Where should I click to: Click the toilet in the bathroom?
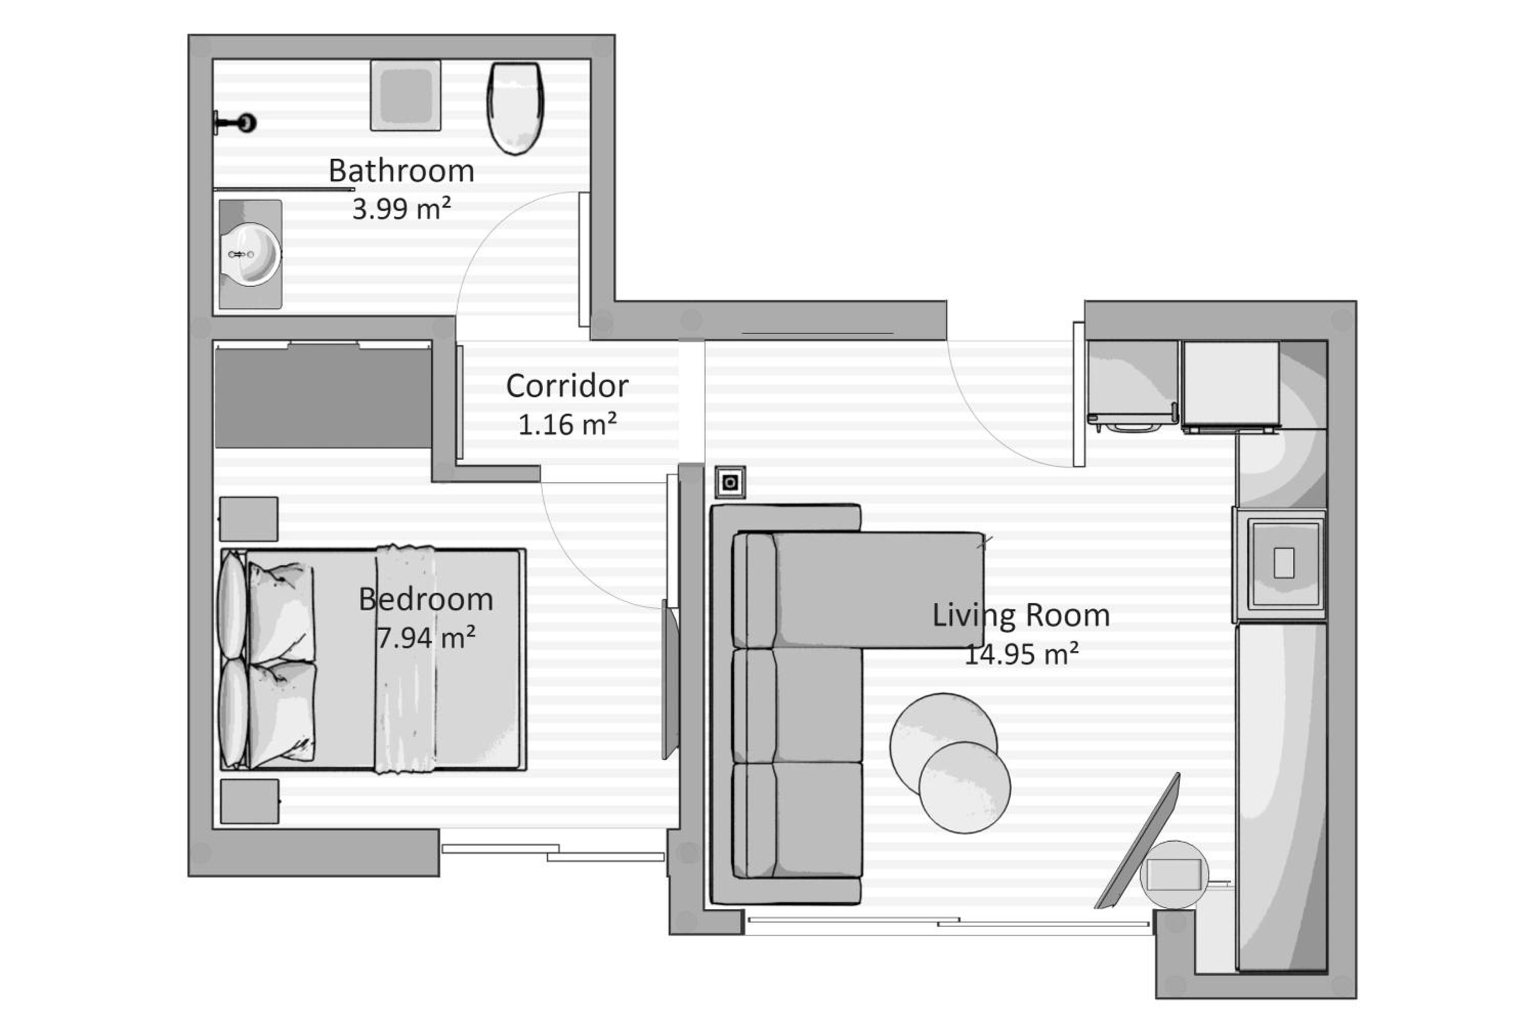(x=516, y=108)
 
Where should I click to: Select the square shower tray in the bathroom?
(x=406, y=96)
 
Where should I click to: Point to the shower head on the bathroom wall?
(x=235, y=122)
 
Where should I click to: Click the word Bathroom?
(x=401, y=171)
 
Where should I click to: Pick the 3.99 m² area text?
(x=401, y=209)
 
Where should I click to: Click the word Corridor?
(x=567, y=386)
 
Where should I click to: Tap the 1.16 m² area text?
(x=567, y=424)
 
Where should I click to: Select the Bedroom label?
(x=426, y=600)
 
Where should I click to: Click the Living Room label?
(x=1021, y=615)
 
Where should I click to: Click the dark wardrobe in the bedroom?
(x=323, y=398)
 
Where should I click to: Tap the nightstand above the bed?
(x=249, y=519)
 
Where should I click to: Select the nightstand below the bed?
(x=249, y=801)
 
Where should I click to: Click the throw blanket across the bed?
(x=406, y=659)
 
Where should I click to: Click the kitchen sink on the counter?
(x=1284, y=563)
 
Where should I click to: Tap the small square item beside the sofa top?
(x=730, y=483)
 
